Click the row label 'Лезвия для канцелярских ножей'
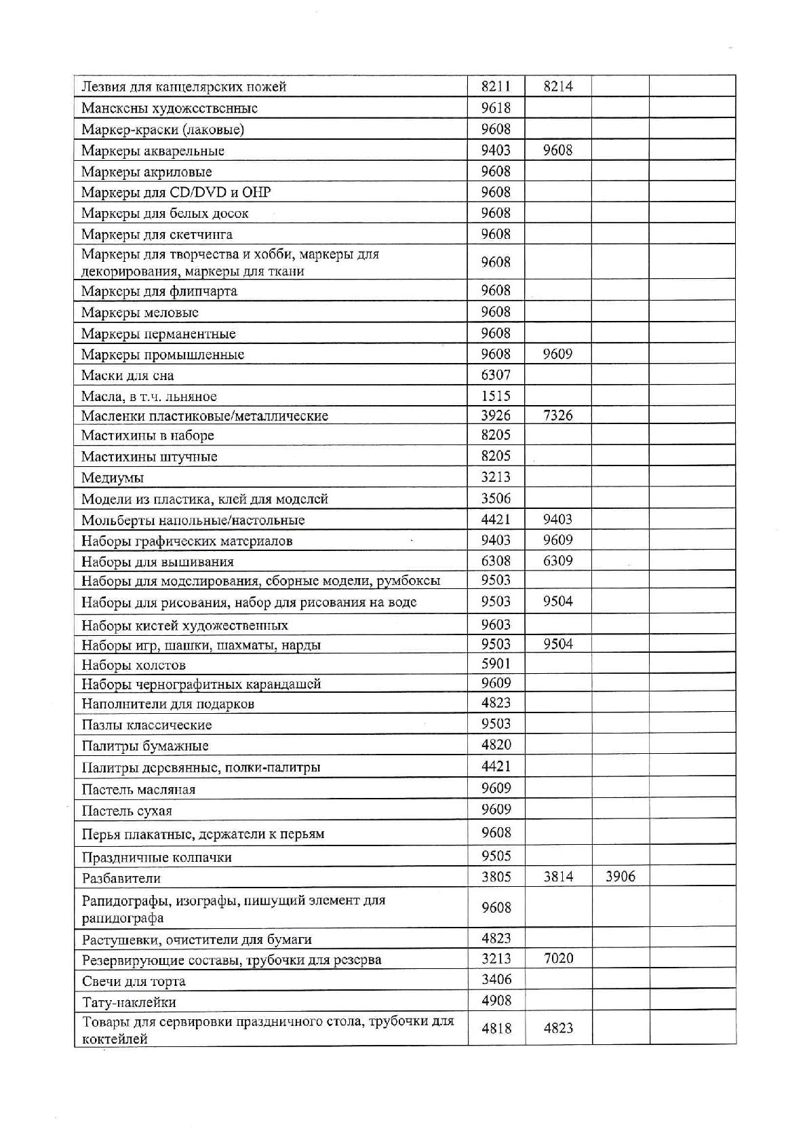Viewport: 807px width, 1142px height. (184, 87)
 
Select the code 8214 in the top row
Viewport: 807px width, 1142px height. (558, 86)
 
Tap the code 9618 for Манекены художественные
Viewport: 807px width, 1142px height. (496, 108)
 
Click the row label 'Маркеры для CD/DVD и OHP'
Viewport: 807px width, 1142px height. (176, 193)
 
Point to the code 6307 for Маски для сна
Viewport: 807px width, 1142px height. (496, 375)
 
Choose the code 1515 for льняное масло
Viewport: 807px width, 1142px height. (496, 396)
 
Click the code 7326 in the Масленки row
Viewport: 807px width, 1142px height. (558, 415)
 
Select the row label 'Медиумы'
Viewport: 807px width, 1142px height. (113, 478)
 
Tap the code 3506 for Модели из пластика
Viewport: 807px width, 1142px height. (496, 499)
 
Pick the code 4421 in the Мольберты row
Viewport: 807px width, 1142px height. (496, 520)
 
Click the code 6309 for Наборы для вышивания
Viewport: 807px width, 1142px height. (558, 561)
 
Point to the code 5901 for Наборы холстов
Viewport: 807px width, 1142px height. (496, 664)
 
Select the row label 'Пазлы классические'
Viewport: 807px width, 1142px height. (146, 725)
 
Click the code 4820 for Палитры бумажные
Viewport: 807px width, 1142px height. (496, 745)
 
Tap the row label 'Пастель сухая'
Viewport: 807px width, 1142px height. (127, 811)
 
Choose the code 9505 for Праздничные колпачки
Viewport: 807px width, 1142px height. (496, 856)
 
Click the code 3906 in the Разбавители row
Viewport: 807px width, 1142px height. (620, 877)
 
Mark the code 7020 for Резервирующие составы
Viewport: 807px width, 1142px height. (558, 959)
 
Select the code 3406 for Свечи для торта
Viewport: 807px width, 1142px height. (496, 980)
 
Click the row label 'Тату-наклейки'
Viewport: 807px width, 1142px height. (129, 1002)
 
